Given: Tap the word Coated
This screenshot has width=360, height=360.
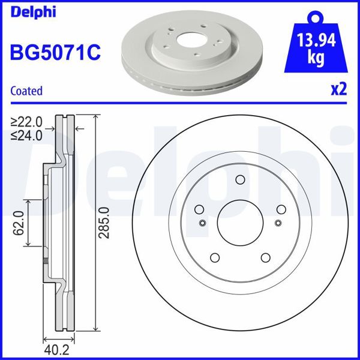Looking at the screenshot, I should click(27, 91).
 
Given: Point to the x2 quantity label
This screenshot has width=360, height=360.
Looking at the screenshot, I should click(339, 90).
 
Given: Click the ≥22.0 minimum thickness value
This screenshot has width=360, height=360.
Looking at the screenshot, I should click(26, 122).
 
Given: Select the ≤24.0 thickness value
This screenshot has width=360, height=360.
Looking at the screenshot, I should click(26, 136).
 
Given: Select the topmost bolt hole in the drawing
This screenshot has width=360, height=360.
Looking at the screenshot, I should click(240, 179).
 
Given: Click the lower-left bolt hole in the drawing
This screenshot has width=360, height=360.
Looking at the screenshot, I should click(215, 257).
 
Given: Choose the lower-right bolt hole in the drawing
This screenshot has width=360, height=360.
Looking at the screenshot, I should click(265, 257).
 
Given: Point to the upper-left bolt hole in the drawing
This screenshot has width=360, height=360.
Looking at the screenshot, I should click(199, 209).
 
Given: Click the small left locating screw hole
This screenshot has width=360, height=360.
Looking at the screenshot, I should click(202, 223).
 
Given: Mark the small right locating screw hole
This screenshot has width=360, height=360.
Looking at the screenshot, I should click(278, 223).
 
